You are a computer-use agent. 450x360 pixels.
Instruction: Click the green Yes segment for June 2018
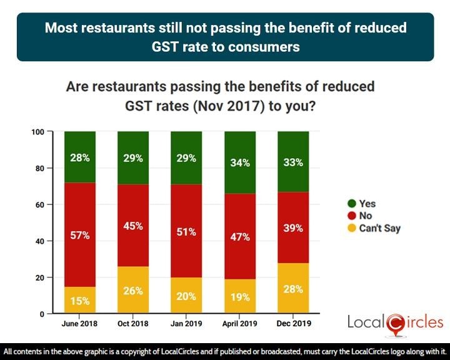(80, 156)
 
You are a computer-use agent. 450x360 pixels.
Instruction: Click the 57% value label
(80, 236)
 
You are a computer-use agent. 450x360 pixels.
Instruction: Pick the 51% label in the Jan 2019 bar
(186, 232)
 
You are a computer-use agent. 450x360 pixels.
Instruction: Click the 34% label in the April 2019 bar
(240, 163)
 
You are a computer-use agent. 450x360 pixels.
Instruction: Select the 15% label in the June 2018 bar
(80, 301)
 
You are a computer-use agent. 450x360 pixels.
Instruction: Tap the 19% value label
(240, 297)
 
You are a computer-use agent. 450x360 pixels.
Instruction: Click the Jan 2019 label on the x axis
(186, 324)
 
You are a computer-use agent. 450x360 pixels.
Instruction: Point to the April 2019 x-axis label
(240, 324)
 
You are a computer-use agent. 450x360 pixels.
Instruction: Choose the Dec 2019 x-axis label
(293, 324)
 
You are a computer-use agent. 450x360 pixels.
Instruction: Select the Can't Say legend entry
(379, 228)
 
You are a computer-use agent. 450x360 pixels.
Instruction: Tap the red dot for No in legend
(351, 216)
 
